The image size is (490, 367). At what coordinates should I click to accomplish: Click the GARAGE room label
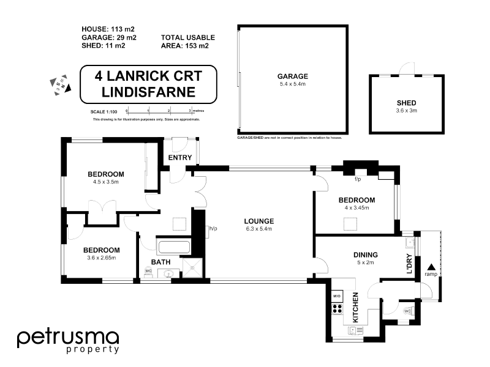coord(293,76)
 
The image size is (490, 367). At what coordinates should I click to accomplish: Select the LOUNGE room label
coord(258,221)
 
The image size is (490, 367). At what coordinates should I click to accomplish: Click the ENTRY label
coord(180,158)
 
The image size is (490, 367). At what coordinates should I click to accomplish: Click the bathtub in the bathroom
coord(174,248)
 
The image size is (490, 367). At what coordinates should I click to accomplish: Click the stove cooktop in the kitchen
coord(337,309)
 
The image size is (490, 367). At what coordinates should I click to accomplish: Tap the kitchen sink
coord(355,331)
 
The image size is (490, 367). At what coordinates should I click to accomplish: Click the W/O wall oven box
coord(337,296)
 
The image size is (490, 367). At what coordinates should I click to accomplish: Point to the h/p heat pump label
coord(213,229)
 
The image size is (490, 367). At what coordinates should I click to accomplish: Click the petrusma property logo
coord(67,341)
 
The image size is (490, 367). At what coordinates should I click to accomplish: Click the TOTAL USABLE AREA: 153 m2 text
coord(187,41)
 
